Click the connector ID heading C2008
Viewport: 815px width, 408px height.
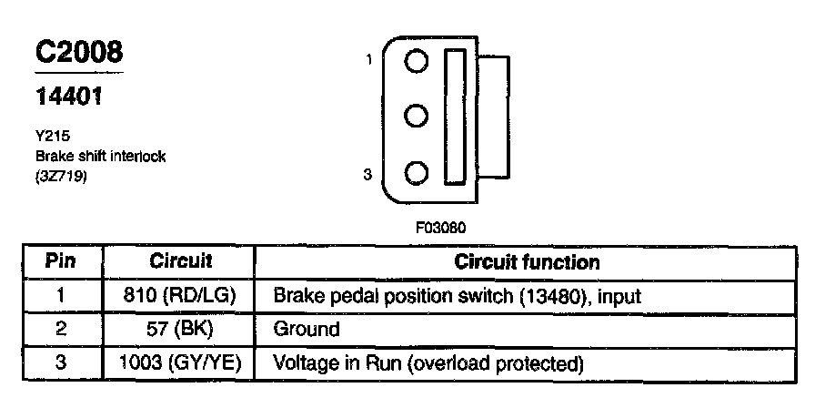[78, 54]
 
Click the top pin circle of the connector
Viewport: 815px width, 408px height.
[417, 62]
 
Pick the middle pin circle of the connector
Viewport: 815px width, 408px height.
[417, 117]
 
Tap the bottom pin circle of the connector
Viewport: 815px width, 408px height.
[417, 172]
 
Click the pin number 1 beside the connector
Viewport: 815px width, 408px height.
[368, 60]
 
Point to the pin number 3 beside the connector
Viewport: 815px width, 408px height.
[368, 173]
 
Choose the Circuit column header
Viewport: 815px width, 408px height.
[180, 262]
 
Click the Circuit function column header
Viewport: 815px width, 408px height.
[527, 262]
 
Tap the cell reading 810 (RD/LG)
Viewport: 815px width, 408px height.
[180, 297]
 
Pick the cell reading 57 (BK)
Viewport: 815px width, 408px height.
[180, 330]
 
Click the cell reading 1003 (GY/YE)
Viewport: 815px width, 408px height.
[180, 363]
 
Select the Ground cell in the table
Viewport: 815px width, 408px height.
[307, 330]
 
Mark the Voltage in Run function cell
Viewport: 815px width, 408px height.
[428, 363]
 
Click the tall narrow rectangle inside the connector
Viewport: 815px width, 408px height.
[454, 117]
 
